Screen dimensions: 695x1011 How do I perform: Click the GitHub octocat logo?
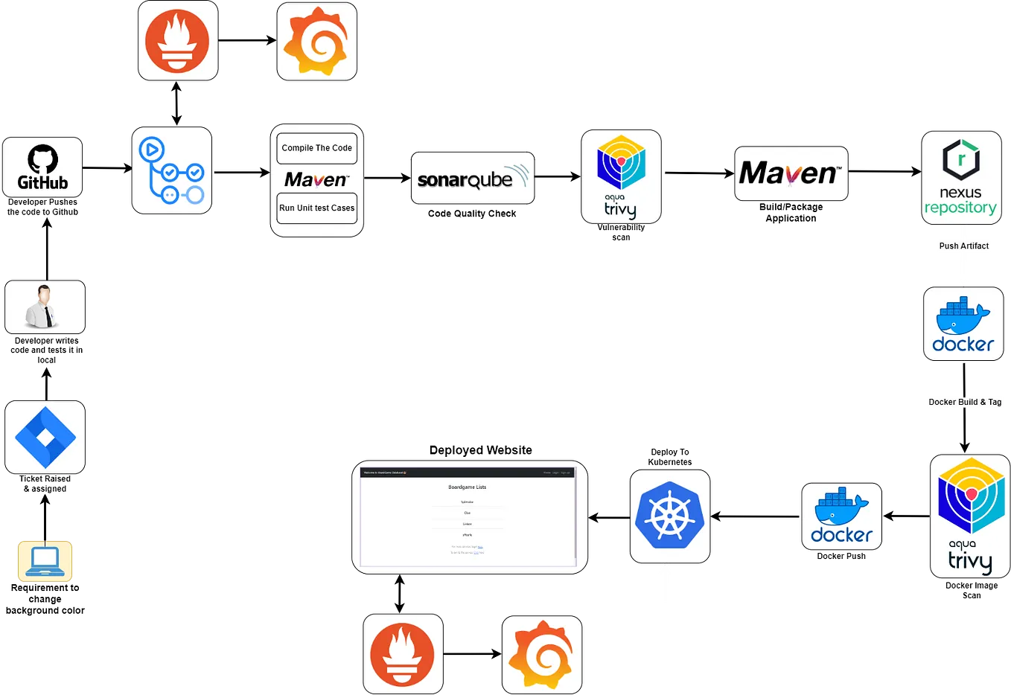(42, 158)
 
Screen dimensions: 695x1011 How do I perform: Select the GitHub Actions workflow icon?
(172, 170)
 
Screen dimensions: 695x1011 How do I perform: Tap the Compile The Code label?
(316, 148)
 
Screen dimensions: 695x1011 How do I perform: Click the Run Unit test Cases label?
(316, 208)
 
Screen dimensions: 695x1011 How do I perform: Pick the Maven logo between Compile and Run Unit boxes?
(316, 179)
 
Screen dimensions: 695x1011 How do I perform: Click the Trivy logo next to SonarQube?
(621, 177)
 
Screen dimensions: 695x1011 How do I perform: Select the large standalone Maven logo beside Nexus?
(791, 173)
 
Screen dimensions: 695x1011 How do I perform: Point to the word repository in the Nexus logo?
(960, 208)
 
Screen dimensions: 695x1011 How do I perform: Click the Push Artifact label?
(964, 246)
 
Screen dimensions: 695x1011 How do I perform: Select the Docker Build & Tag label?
(965, 402)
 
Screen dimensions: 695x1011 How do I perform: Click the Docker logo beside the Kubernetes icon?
(841, 516)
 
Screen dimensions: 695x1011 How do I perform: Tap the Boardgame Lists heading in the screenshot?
(467, 487)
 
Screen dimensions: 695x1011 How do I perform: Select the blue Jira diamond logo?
(45, 437)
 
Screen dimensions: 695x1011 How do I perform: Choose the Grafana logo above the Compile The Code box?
(316, 41)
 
